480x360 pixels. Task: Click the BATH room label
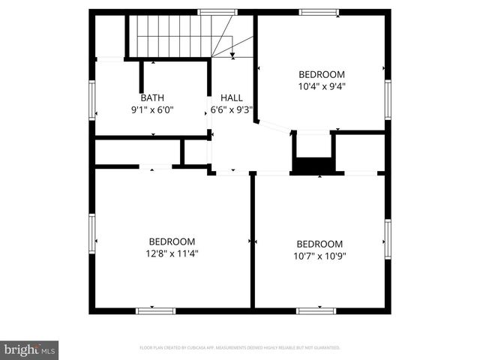click(152, 97)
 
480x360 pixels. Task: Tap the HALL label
click(231, 97)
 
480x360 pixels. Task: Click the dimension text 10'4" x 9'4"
click(322, 86)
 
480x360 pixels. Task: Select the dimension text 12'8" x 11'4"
click(172, 253)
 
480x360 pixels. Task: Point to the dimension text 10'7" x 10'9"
click(319, 256)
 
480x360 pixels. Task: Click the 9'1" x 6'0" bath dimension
click(152, 109)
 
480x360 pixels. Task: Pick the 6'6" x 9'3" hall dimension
click(231, 109)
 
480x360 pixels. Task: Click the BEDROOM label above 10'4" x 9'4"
click(322, 74)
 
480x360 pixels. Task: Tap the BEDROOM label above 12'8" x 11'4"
click(172, 241)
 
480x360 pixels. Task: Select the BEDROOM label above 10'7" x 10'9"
click(319, 244)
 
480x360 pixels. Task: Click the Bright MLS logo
click(29, 349)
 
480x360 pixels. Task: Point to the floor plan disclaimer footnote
click(240, 348)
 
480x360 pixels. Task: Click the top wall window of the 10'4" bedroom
click(319, 12)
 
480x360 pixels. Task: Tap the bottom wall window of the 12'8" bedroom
click(155, 310)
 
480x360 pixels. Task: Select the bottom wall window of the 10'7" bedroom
click(316, 310)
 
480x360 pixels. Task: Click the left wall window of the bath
click(92, 100)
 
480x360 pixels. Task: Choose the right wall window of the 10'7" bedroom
click(388, 238)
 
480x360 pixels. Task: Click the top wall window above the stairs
click(217, 12)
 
